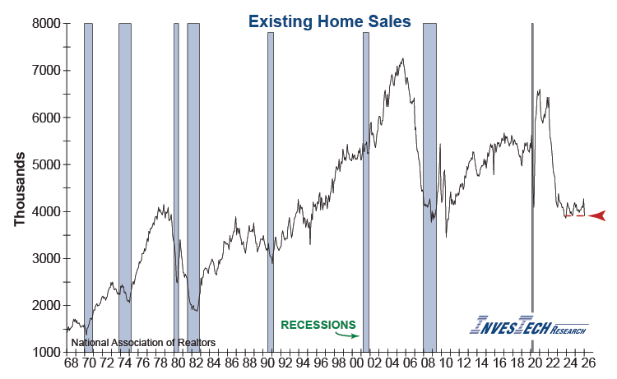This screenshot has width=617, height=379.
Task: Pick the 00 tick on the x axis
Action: [x=356, y=363]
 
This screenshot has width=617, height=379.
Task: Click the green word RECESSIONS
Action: [x=318, y=325]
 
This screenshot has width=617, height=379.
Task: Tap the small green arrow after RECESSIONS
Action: [x=351, y=335]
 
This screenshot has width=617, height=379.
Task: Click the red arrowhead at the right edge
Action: [x=597, y=215]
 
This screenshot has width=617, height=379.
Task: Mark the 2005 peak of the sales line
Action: [x=402, y=59]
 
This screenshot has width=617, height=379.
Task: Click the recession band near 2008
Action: [x=429, y=187]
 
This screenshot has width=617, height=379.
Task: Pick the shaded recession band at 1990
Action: [x=270, y=187]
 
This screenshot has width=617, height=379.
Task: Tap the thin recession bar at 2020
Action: [x=532, y=187]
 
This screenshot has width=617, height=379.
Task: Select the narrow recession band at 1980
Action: [x=176, y=187]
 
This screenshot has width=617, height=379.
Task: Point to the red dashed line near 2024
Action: [x=575, y=215]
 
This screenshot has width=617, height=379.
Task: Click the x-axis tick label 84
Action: [x=212, y=363]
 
